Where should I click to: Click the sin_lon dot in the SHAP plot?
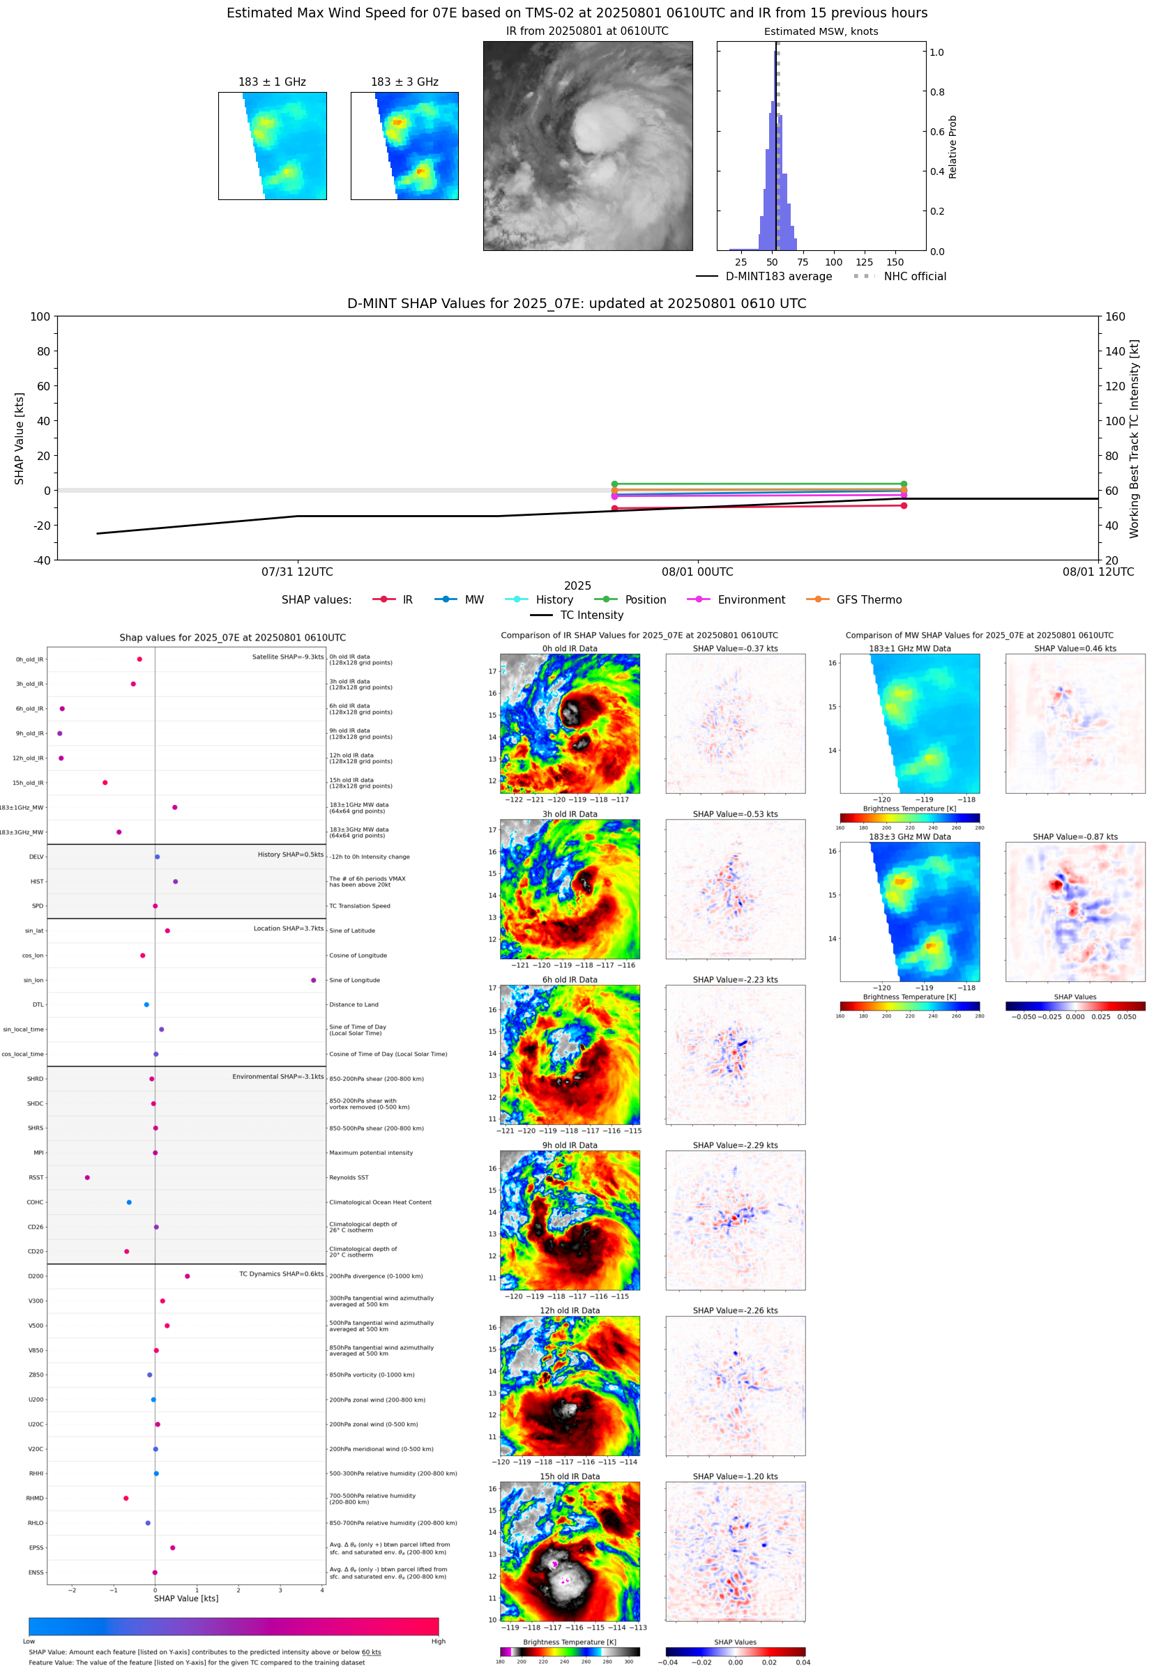pyautogui.click(x=313, y=980)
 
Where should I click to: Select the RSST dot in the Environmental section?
pyautogui.click(x=87, y=1177)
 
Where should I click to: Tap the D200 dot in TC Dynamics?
pyautogui.click(x=188, y=1276)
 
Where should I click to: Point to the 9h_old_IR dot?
pyautogui.click(x=60, y=733)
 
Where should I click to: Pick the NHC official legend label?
pyautogui.click(x=914, y=276)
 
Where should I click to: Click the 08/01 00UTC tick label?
pyautogui.click(x=697, y=572)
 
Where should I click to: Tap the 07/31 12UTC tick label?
pyautogui.click(x=297, y=572)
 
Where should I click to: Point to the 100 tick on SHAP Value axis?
pyautogui.click(x=40, y=316)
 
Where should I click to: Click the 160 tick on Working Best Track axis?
pyautogui.click(x=1115, y=316)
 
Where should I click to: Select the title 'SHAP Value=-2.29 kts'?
pyautogui.click(x=735, y=1145)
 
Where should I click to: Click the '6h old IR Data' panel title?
pyautogui.click(x=570, y=980)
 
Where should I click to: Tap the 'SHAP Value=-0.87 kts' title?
pyautogui.click(x=1075, y=837)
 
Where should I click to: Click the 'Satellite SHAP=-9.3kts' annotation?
pyautogui.click(x=288, y=657)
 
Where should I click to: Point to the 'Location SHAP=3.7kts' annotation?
pyautogui.click(x=289, y=928)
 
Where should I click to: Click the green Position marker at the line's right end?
pyautogui.click(x=904, y=484)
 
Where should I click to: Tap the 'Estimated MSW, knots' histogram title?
pyautogui.click(x=821, y=32)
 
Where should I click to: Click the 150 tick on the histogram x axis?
pyautogui.click(x=895, y=262)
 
